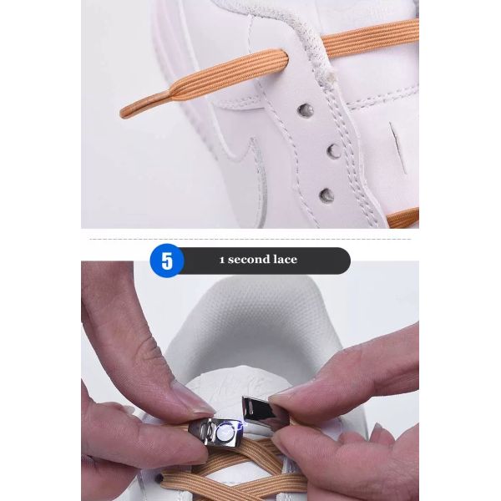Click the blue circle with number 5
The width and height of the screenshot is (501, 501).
(167, 261)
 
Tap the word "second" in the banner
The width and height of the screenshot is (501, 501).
(249, 259)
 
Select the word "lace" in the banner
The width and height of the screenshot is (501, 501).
(285, 259)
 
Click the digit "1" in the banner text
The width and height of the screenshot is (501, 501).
(222, 260)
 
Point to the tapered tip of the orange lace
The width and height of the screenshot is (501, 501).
(122, 113)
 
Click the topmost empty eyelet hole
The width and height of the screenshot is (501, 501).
(305, 110)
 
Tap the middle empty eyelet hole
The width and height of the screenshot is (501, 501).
(334, 150)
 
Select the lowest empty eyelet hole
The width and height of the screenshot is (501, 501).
(326, 195)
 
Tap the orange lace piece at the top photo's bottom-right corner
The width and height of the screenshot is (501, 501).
(403, 218)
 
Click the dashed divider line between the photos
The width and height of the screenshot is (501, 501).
(250, 239)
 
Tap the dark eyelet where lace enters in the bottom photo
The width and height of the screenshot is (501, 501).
(159, 478)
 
